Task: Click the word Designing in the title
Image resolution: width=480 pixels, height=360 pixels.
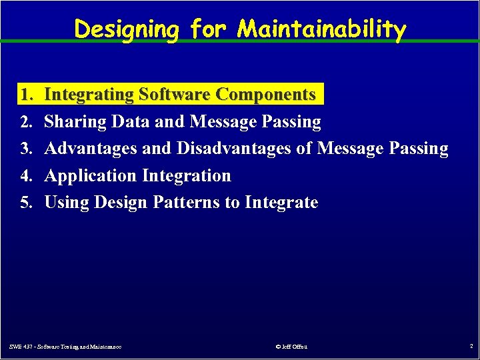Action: [127, 29]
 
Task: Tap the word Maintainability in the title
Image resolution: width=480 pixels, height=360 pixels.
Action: [322, 29]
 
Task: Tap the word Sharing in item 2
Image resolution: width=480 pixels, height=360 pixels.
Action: [75, 122]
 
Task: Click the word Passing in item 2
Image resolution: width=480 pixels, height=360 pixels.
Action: [291, 122]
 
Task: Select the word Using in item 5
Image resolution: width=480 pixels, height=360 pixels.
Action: [67, 203]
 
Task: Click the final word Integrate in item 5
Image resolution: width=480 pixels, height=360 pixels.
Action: [281, 203]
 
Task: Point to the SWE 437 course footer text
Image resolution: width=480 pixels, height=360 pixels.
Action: [70, 347]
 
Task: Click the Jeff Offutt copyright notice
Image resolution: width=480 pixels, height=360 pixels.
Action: [291, 347]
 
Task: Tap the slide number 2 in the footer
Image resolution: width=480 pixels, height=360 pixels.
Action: [470, 347]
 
